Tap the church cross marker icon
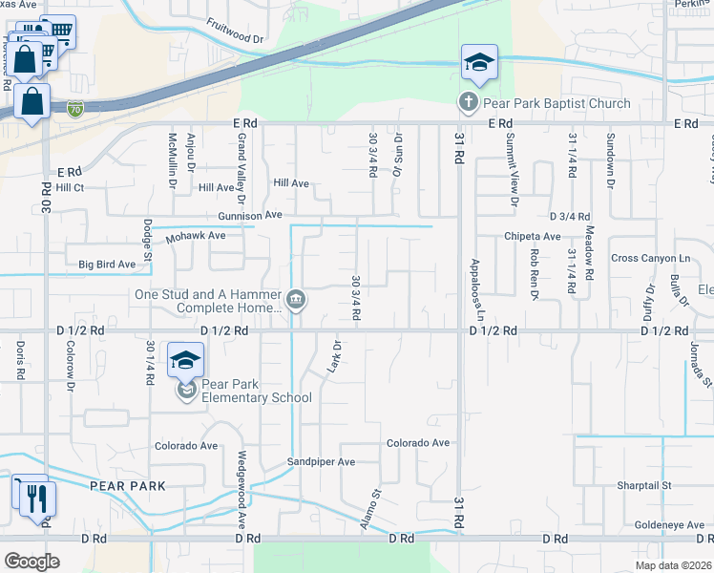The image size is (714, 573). (x=469, y=101)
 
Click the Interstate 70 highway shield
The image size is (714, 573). (x=74, y=109)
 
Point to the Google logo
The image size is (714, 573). (x=31, y=562)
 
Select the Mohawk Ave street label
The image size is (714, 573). (x=196, y=235)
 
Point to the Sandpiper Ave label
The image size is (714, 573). (x=322, y=462)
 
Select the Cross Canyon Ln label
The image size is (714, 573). (x=650, y=258)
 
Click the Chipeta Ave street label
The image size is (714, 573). (x=533, y=236)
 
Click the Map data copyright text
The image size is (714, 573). (x=673, y=565)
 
